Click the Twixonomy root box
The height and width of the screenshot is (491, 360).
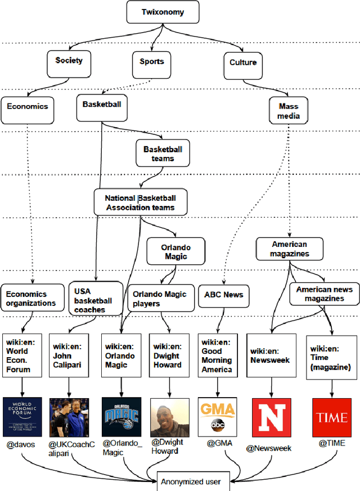pyautogui.click(x=163, y=12)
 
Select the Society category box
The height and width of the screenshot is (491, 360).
pyautogui.click(x=69, y=61)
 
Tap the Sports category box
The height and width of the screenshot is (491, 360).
pyautogui.click(x=152, y=61)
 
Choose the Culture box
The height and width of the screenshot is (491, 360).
pyautogui.click(x=243, y=62)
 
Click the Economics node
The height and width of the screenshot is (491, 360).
pyautogui.click(x=28, y=107)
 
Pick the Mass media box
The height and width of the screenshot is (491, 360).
pyautogui.click(x=289, y=111)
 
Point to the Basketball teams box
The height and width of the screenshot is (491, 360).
pyautogui.click(x=163, y=154)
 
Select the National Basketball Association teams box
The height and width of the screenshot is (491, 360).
pyautogui.click(x=140, y=202)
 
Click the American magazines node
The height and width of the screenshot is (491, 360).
pyautogui.click(x=290, y=249)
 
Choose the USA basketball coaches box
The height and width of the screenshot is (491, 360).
pyautogui.click(x=94, y=300)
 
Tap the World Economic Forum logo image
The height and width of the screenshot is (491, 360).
pyautogui.click(x=22, y=417)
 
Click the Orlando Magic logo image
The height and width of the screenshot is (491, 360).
pyautogui.click(x=121, y=417)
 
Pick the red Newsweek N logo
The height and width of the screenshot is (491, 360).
pyautogui.click(x=271, y=417)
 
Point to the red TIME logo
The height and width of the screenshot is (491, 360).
pyautogui.click(x=332, y=417)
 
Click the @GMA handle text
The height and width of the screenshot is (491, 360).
pyautogui.click(x=218, y=443)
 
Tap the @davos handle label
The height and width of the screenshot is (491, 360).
pyautogui.click(x=21, y=444)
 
